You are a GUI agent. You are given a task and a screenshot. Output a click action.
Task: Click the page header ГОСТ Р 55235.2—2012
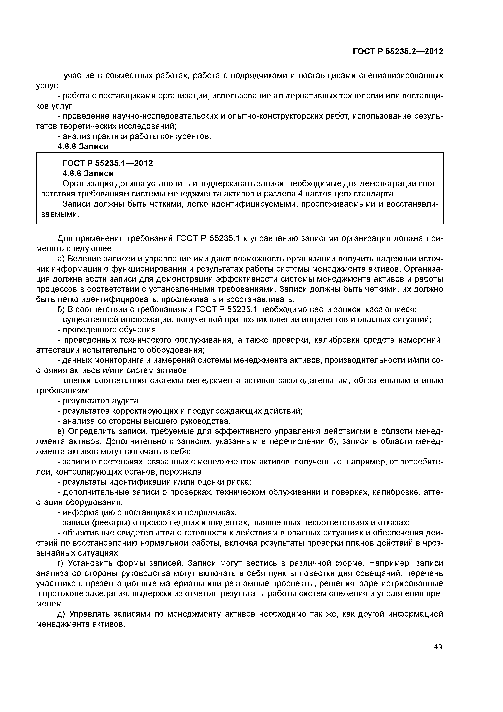coord(398,52)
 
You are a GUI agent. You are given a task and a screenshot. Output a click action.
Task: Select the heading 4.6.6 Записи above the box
coord(83,146)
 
